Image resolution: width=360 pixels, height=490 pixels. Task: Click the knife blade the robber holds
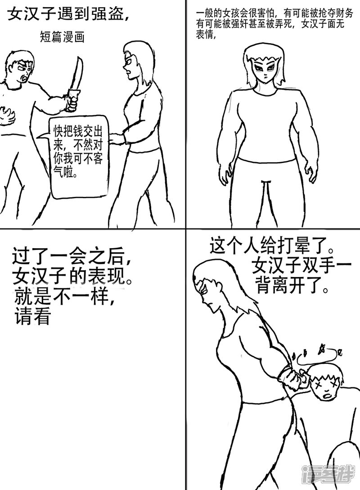tap(77, 72)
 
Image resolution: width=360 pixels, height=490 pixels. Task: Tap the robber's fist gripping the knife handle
tap(72, 102)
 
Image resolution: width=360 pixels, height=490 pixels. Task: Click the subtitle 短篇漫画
tap(63, 37)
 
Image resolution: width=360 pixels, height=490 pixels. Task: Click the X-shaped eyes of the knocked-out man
tap(327, 384)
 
